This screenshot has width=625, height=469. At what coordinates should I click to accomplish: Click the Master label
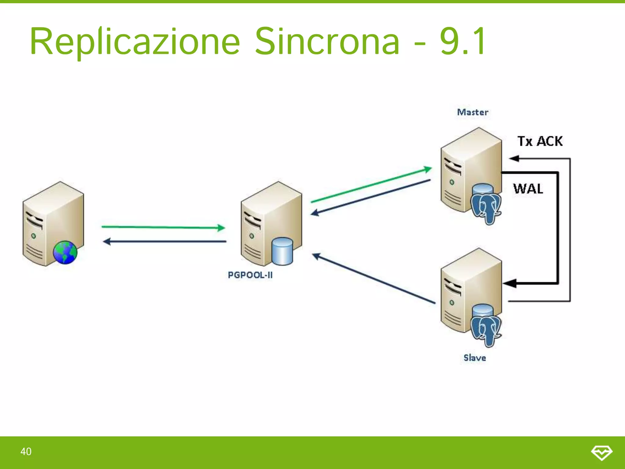tap(472, 112)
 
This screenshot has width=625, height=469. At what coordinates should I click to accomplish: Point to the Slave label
tap(475, 358)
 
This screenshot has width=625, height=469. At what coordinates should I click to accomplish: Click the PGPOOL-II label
tap(250, 275)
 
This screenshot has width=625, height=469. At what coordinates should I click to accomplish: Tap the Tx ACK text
tap(540, 141)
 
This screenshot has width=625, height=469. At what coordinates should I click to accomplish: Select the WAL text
tap(528, 188)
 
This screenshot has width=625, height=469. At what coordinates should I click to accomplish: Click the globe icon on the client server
tap(65, 252)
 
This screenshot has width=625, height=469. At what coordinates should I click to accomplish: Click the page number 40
tap(26, 451)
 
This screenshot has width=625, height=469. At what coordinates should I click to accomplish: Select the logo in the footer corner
tap(602, 452)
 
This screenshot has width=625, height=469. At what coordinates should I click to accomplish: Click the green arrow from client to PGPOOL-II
tap(163, 227)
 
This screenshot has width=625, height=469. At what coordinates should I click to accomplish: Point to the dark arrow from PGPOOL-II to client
tap(165, 242)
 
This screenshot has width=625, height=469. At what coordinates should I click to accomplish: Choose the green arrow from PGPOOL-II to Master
tap(371, 185)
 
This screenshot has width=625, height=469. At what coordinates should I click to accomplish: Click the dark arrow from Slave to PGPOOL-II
tap(374, 278)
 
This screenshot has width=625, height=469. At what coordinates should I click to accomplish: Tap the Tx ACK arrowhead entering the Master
tap(514, 158)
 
